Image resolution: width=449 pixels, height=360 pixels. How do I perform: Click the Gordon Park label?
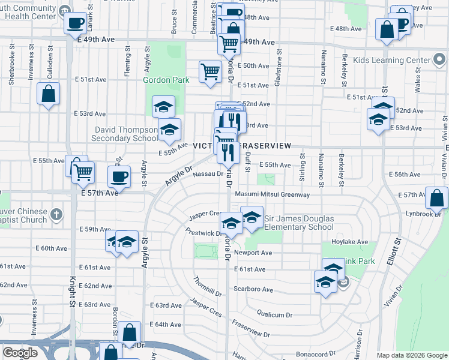tap(166, 79)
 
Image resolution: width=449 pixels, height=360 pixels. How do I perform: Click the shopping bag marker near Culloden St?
tap(48, 94)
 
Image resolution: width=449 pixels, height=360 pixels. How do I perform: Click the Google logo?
tap(20, 353)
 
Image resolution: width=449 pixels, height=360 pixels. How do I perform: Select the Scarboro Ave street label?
tap(255, 289)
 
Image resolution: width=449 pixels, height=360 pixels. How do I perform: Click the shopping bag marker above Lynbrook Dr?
tap(436, 197)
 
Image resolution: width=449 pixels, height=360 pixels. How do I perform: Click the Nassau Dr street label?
tap(208, 174)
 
